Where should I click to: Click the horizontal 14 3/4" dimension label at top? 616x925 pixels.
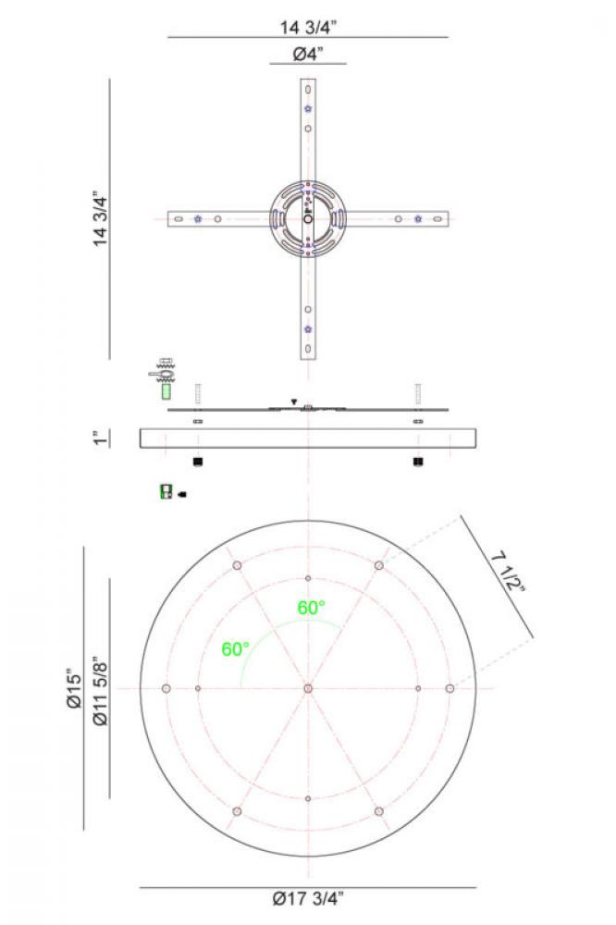pyautogui.click(x=308, y=27)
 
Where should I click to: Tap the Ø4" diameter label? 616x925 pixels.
pyautogui.click(x=308, y=55)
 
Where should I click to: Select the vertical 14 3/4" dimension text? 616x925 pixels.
pyautogui.click(x=100, y=218)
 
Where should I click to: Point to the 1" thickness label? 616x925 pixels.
pyautogui.click(x=101, y=438)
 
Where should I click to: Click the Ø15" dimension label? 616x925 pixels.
pyautogui.click(x=74, y=688)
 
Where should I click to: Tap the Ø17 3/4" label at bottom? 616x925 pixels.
pyautogui.click(x=308, y=898)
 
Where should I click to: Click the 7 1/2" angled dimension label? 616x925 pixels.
pyautogui.click(x=509, y=572)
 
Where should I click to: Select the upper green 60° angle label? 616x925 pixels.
pyautogui.click(x=311, y=608)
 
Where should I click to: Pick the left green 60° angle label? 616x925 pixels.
pyautogui.click(x=236, y=649)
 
